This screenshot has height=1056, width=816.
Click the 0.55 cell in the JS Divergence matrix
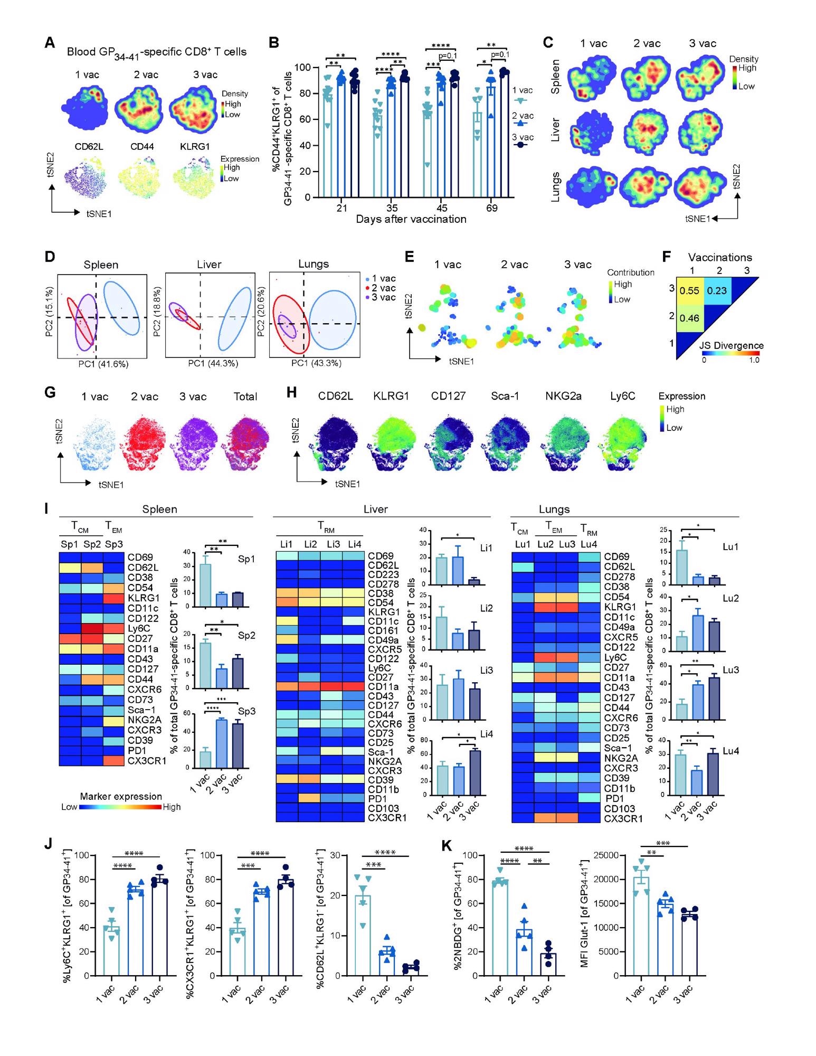click(689, 291)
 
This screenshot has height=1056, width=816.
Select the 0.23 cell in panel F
click(717, 291)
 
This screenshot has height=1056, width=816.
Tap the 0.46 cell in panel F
click(689, 318)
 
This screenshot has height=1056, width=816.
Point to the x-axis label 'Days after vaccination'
click(411, 219)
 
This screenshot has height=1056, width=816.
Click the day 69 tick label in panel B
click(491, 208)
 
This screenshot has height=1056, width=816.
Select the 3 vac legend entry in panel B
click(523, 138)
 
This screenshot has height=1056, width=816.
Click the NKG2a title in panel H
click(563, 396)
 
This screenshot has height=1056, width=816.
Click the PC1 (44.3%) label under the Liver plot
click(213, 363)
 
